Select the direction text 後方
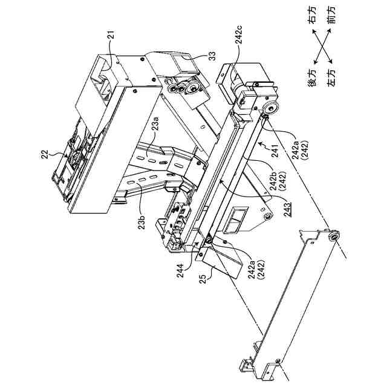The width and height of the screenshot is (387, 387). (313, 82)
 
